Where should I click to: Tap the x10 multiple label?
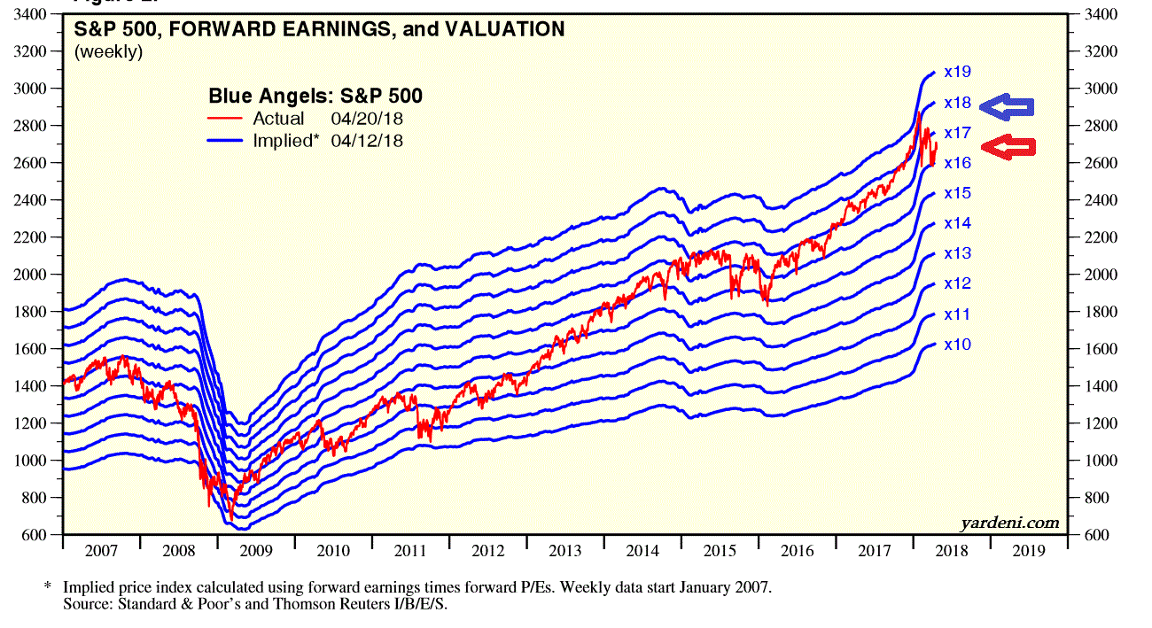[x=957, y=344]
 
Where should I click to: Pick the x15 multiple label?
[x=957, y=193]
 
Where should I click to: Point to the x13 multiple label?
[x=957, y=253]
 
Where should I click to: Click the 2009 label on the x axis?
[x=256, y=551]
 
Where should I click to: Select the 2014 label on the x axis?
[x=642, y=551]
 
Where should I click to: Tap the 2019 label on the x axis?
[x=1028, y=551]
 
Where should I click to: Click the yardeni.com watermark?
[x=1009, y=523]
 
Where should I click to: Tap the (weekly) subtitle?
[x=108, y=52]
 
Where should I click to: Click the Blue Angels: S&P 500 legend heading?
[x=315, y=96]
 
